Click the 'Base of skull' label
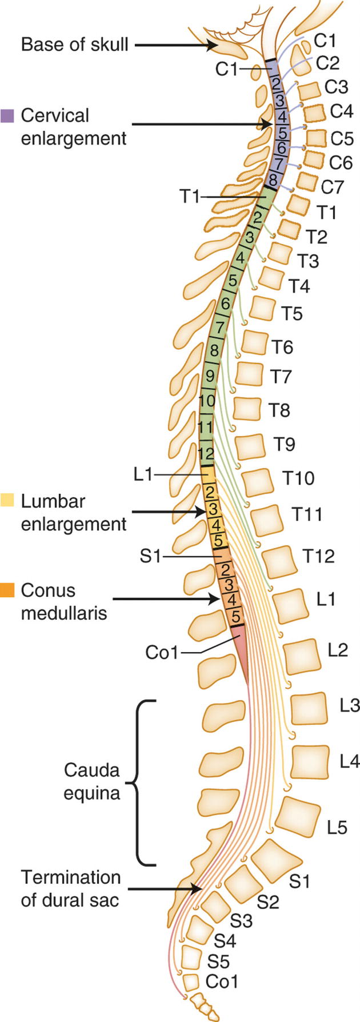[74, 44]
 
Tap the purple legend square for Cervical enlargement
[8, 115]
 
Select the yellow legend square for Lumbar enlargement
[8, 501]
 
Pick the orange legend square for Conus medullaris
[8, 590]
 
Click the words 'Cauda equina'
[91, 781]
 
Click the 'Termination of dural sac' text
[71, 888]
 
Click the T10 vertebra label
[298, 478]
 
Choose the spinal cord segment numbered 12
[206, 454]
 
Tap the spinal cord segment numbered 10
[207, 400]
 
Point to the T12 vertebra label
[318, 556]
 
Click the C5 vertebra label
[341, 139]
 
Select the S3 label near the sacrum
[241, 921]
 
